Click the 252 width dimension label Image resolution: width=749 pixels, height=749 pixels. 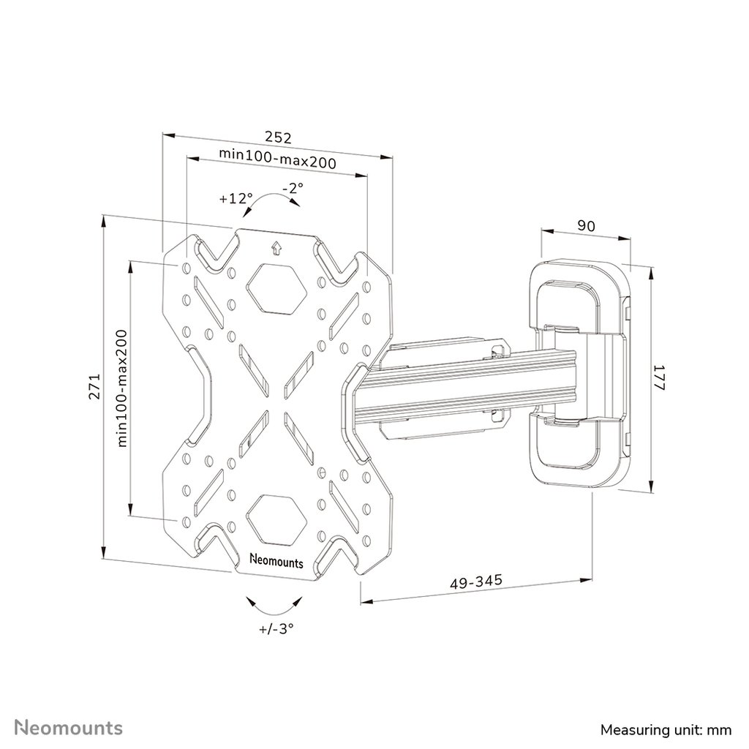point(278,138)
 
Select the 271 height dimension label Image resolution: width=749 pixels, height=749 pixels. point(94,386)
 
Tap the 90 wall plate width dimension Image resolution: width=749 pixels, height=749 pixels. point(586,225)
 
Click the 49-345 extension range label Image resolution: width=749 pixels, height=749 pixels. point(476,581)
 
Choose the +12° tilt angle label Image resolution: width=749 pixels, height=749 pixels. point(236,198)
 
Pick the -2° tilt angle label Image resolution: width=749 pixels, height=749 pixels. point(293,188)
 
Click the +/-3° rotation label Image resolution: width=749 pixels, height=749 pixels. point(276,628)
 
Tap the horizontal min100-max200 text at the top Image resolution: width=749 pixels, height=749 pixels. point(277,159)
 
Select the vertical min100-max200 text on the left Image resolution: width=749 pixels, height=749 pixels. point(122,388)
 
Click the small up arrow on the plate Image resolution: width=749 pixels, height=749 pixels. point(276,249)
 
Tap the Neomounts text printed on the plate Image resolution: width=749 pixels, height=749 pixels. point(276,561)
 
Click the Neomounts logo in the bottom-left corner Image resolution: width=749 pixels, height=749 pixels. point(69,728)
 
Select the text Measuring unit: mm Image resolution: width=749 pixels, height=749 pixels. point(666,731)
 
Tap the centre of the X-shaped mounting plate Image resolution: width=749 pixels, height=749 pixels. point(276,404)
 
